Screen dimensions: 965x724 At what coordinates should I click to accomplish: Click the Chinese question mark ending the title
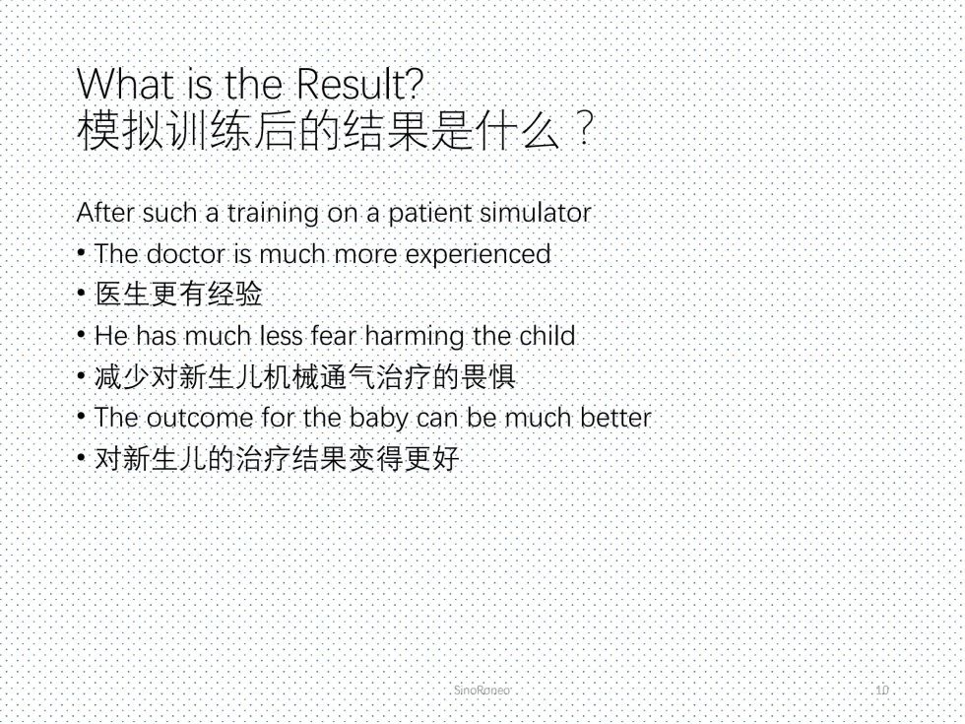click(x=585, y=129)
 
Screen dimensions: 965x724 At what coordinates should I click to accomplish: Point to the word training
click(x=273, y=214)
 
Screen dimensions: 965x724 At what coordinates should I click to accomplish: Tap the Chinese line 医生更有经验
click(x=179, y=294)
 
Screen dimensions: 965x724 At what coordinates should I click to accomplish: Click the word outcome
click(x=199, y=418)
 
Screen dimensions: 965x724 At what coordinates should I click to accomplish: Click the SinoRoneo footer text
click(x=482, y=691)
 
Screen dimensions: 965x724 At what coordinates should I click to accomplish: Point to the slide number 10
click(x=882, y=691)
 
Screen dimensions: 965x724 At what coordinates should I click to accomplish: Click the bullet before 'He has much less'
click(x=81, y=334)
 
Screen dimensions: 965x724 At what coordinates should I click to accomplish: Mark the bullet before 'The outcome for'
click(x=81, y=416)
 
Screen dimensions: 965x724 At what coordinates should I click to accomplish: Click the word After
click(x=106, y=213)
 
